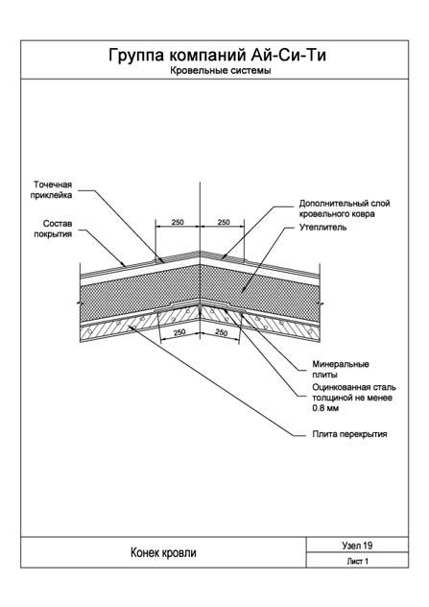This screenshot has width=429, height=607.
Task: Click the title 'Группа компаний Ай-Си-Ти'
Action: click(x=217, y=56)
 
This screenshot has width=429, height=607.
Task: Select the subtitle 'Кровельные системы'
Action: click(x=220, y=71)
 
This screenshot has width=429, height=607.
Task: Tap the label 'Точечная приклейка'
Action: click(x=52, y=190)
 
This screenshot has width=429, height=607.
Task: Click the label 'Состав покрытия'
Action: click(x=53, y=229)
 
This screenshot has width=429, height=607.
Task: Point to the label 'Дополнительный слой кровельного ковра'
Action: click(x=345, y=208)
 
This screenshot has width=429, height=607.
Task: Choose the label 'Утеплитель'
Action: click(x=323, y=228)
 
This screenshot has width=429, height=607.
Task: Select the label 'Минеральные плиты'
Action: click(x=341, y=370)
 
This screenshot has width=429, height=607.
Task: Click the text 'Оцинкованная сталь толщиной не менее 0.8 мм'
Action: click(x=354, y=398)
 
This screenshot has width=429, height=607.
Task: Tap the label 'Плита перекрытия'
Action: click(x=349, y=434)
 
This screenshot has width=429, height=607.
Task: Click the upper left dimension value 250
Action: click(x=178, y=222)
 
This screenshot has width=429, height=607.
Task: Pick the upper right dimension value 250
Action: click(x=224, y=222)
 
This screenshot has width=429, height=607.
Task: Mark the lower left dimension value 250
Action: click(x=179, y=332)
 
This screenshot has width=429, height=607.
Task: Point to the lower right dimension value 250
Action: click(x=221, y=332)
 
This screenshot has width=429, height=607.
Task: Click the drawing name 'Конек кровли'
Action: click(x=163, y=552)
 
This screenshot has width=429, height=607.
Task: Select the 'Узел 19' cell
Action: click(x=357, y=546)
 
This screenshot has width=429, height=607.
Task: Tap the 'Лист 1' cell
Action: click(x=357, y=561)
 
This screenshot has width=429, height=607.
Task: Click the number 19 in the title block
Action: click(x=368, y=546)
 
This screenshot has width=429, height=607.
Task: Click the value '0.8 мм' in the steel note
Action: click(x=325, y=408)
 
